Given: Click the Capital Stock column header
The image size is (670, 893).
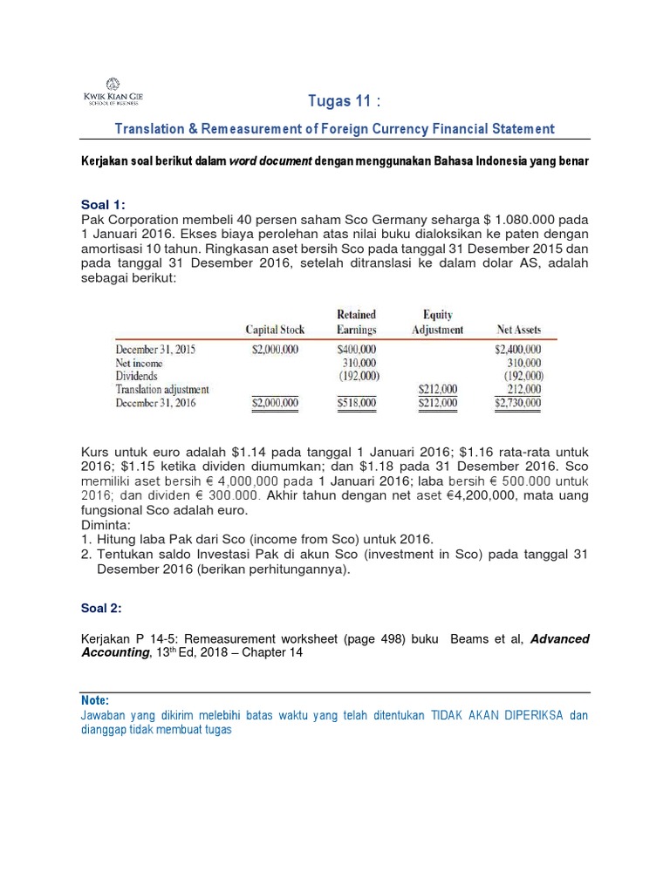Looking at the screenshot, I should pyautogui.click(x=275, y=330).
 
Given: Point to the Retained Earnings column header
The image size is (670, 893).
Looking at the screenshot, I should pyautogui.click(x=355, y=322).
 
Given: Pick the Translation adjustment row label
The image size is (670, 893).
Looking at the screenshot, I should pyautogui.click(x=167, y=389).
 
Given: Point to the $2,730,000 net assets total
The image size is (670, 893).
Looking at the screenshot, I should pyautogui.click(x=517, y=403).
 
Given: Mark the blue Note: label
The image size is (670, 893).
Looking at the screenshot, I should pyautogui.click(x=94, y=700).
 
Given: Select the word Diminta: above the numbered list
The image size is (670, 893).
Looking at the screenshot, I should pyautogui.click(x=106, y=525).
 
